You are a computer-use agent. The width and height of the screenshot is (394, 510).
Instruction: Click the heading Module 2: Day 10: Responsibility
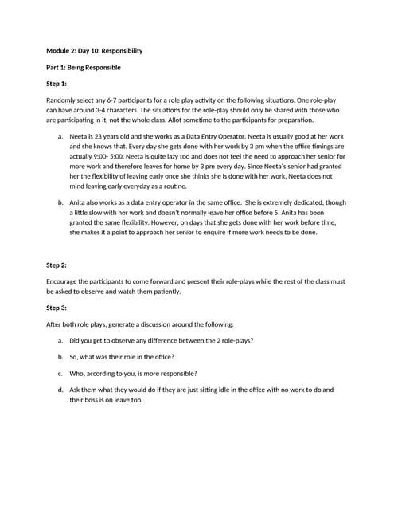pos(95,51)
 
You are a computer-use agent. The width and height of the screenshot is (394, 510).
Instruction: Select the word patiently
pos(162,291)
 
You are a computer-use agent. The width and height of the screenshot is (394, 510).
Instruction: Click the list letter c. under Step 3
pos(60,373)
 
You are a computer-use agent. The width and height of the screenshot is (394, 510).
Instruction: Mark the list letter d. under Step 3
pos(60,390)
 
